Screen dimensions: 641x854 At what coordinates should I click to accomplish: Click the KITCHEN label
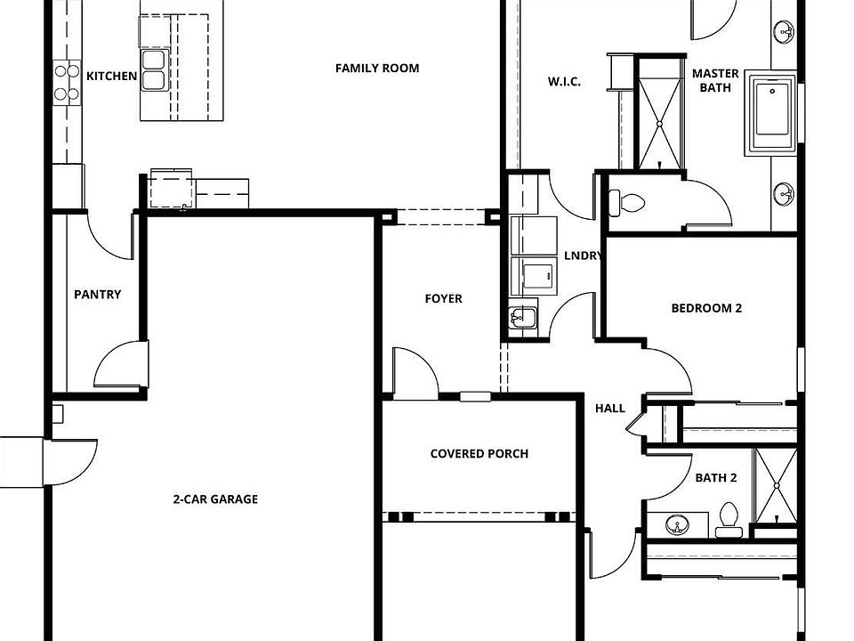(x=111, y=77)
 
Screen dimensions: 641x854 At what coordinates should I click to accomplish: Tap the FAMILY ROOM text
(x=377, y=69)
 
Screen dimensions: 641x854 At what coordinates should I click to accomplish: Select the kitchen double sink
(x=154, y=70)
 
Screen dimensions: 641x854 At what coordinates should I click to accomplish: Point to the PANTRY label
(x=98, y=295)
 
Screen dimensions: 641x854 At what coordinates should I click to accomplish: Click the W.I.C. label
(x=564, y=82)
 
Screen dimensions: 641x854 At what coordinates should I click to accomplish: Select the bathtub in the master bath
(x=771, y=114)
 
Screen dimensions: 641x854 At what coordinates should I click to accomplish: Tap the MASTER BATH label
(x=714, y=81)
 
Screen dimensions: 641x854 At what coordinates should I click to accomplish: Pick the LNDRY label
(x=584, y=256)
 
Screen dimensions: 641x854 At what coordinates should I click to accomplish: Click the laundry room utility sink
(x=522, y=317)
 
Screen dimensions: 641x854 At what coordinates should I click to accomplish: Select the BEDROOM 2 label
(x=706, y=309)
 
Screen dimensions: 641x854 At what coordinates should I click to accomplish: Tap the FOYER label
(x=443, y=299)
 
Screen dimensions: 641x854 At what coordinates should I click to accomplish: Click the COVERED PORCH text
(x=479, y=454)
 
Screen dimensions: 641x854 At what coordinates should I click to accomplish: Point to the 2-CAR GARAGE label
(x=215, y=499)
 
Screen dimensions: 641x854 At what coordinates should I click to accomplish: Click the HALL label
(x=610, y=409)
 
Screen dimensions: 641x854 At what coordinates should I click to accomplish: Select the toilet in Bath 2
(x=728, y=520)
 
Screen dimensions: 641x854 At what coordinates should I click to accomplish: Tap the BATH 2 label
(x=716, y=478)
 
